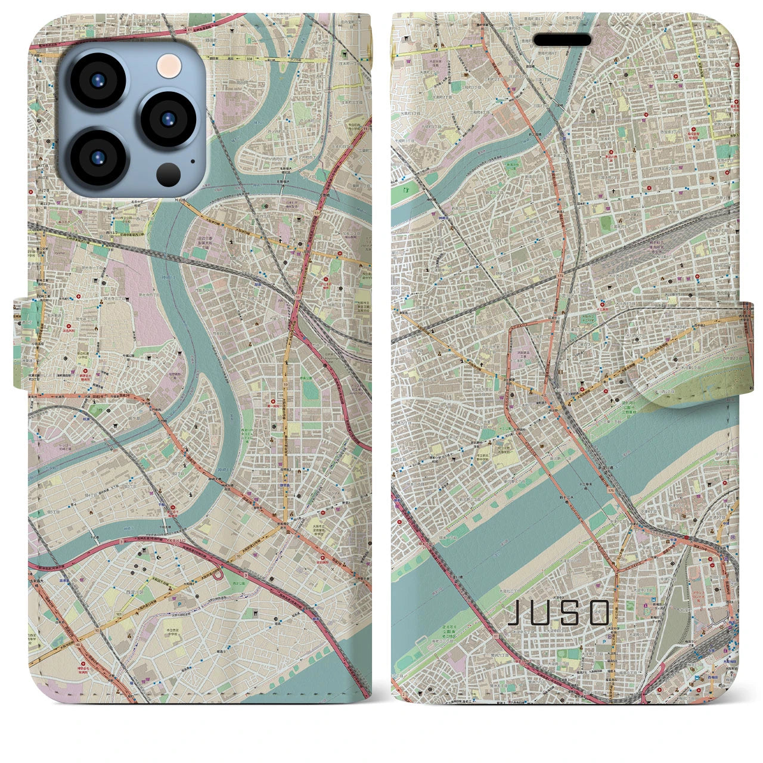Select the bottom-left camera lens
97,159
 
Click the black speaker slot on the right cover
562,39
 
